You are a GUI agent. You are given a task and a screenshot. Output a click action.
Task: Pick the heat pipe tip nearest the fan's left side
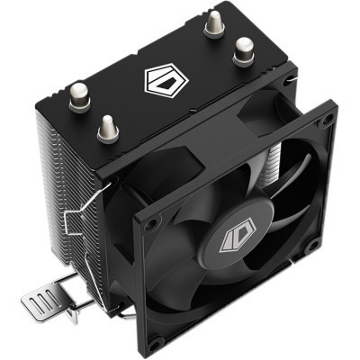point(107,127)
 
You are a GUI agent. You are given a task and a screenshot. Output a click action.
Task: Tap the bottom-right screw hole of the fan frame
point(311,246)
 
